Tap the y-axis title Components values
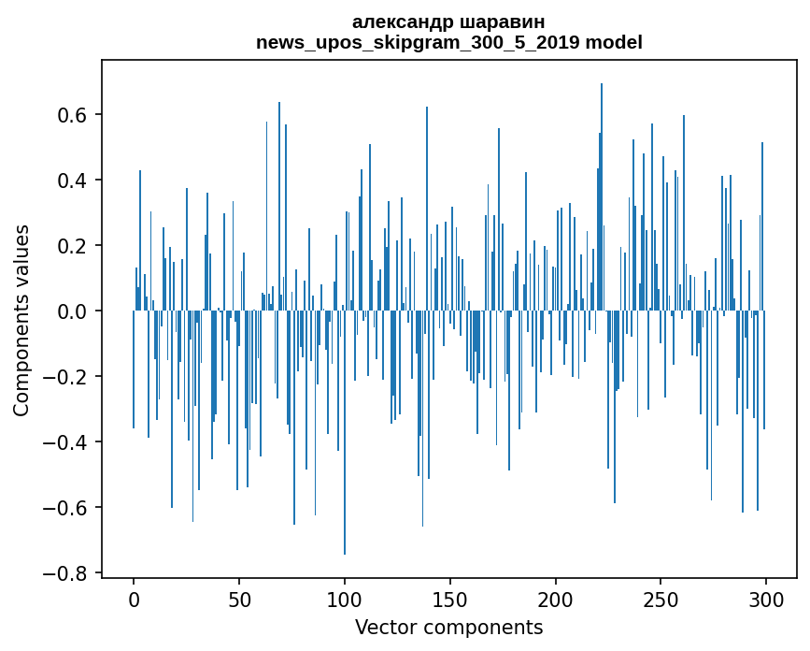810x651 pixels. click(21, 320)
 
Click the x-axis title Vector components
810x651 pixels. click(448, 627)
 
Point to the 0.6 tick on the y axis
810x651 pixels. click(75, 115)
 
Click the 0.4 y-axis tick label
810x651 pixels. click(75, 181)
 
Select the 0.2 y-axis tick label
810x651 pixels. click(75, 246)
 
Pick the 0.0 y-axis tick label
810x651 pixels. click(75, 311)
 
